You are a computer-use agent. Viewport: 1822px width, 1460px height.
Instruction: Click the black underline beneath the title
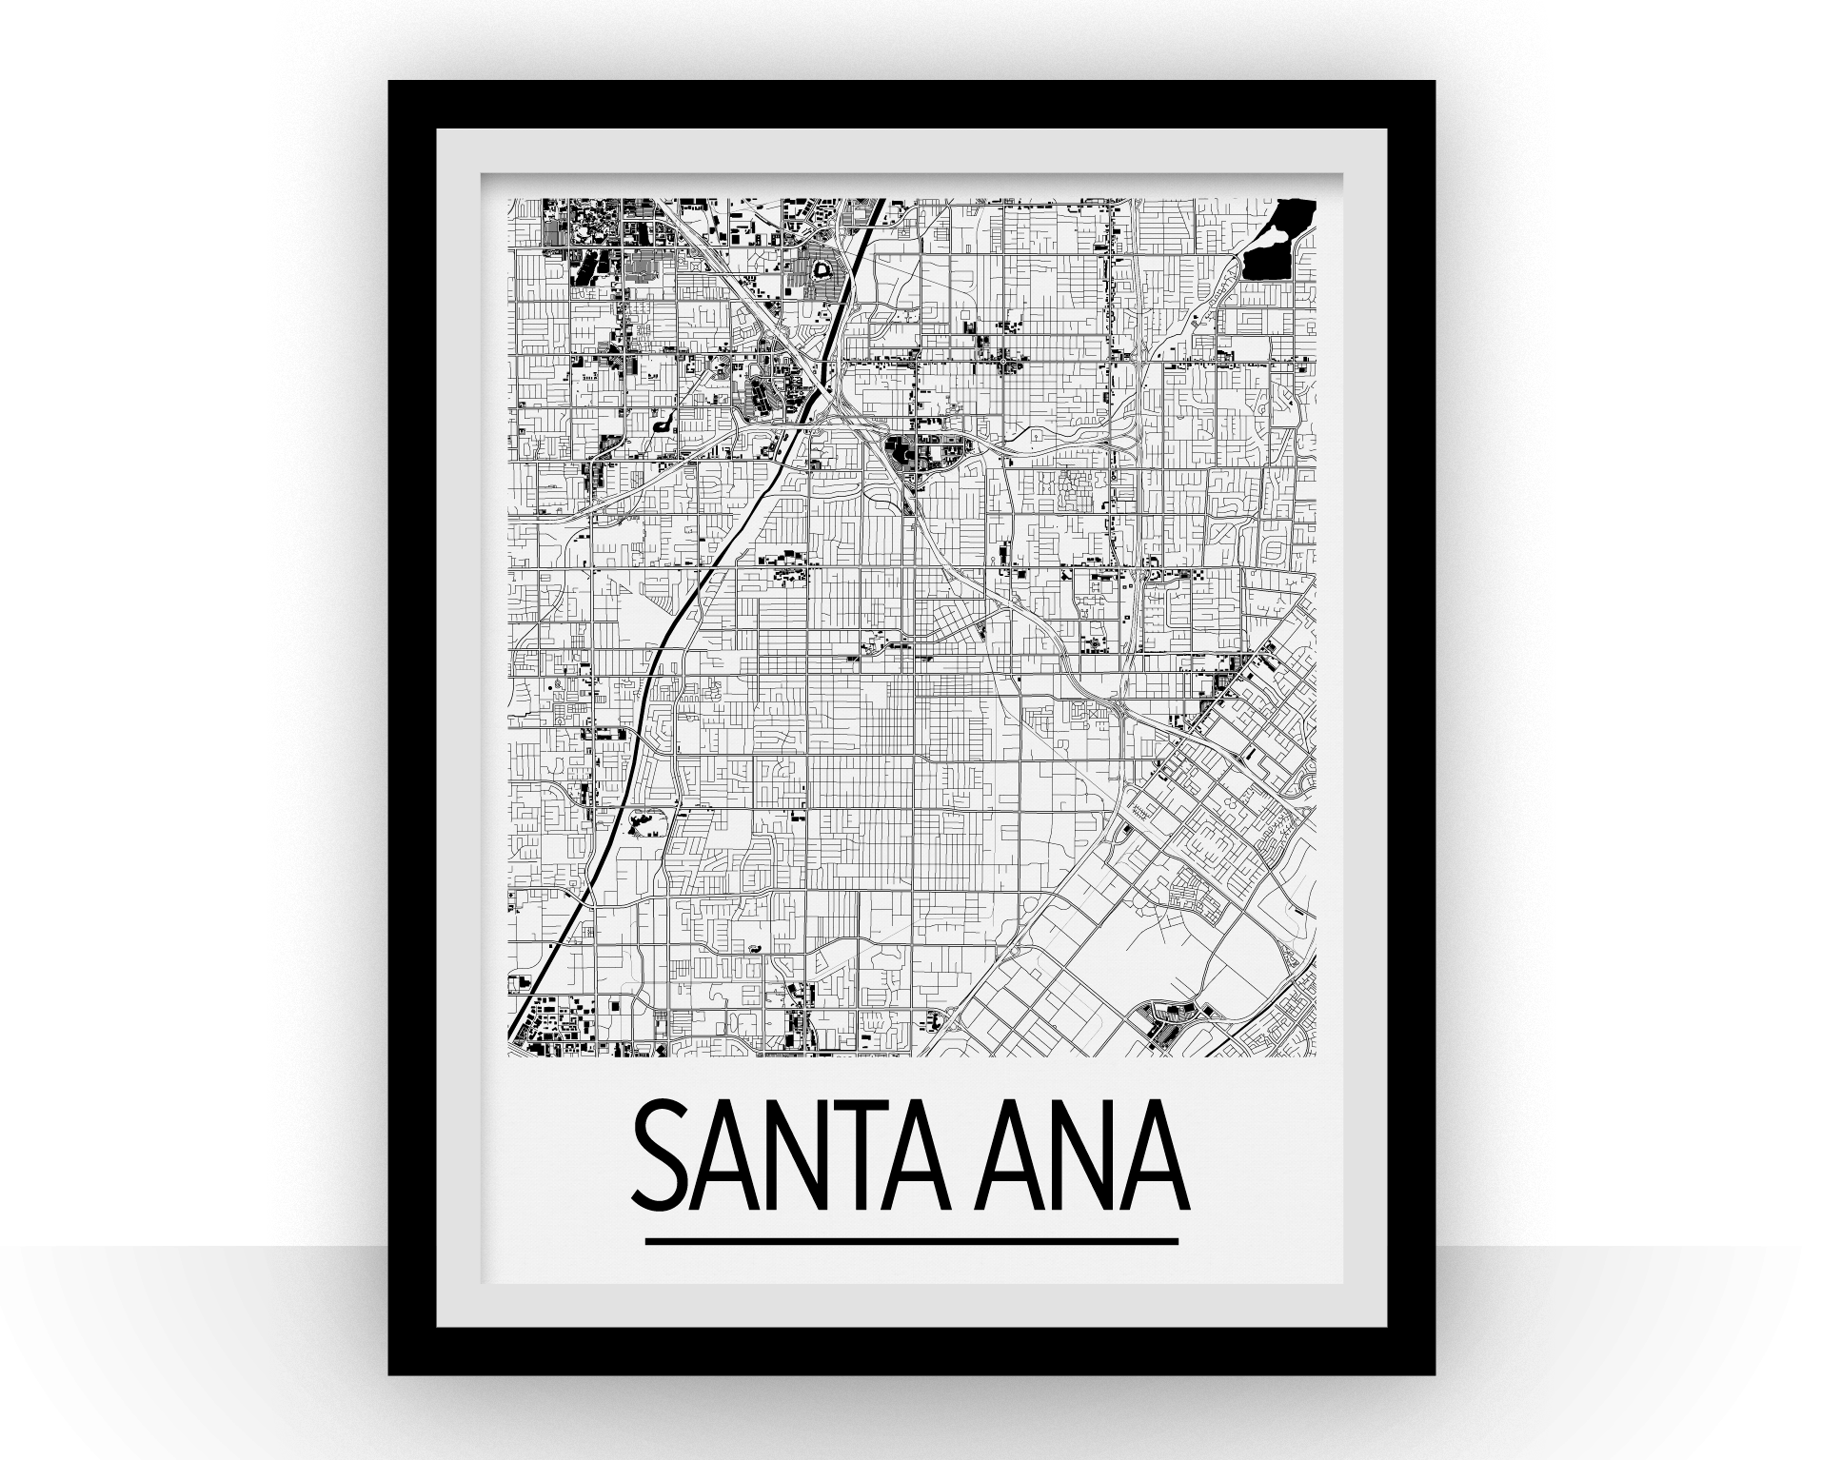click(911, 1241)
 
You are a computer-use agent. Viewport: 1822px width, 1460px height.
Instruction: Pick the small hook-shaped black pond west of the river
click(661, 420)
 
